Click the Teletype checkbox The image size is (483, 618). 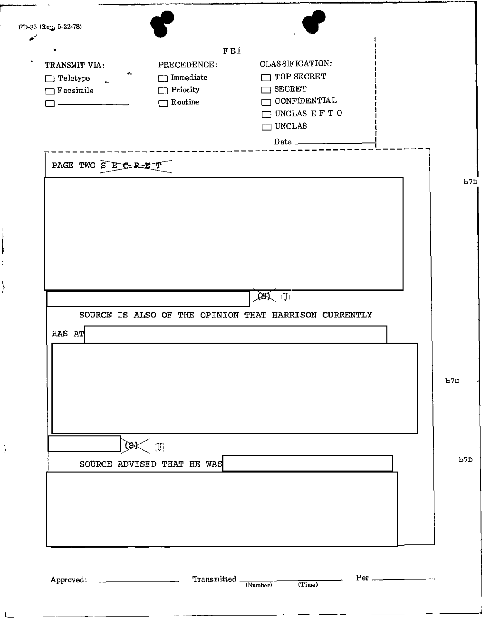coord(49,79)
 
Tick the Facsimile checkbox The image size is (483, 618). coord(49,91)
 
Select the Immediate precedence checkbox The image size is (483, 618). coord(163,78)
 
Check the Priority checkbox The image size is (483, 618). coord(163,91)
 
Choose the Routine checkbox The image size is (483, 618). coord(163,103)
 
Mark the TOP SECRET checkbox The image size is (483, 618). coord(266,77)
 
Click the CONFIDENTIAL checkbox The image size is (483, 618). coord(266,102)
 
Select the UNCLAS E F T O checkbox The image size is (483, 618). coord(266,114)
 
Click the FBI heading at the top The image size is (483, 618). coord(232,51)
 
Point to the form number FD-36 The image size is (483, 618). coord(28,27)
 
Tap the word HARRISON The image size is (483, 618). coord(294,315)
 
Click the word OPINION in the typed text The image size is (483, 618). coord(220,315)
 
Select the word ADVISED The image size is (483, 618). coord(137,464)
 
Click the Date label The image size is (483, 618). coord(283,142)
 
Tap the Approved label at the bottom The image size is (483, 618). coord(69,579)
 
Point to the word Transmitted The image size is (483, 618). coord(214,579)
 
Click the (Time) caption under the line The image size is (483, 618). coord(308,585)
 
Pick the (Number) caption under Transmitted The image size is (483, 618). coord(259,585)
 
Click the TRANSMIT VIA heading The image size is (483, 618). coord(75,65)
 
